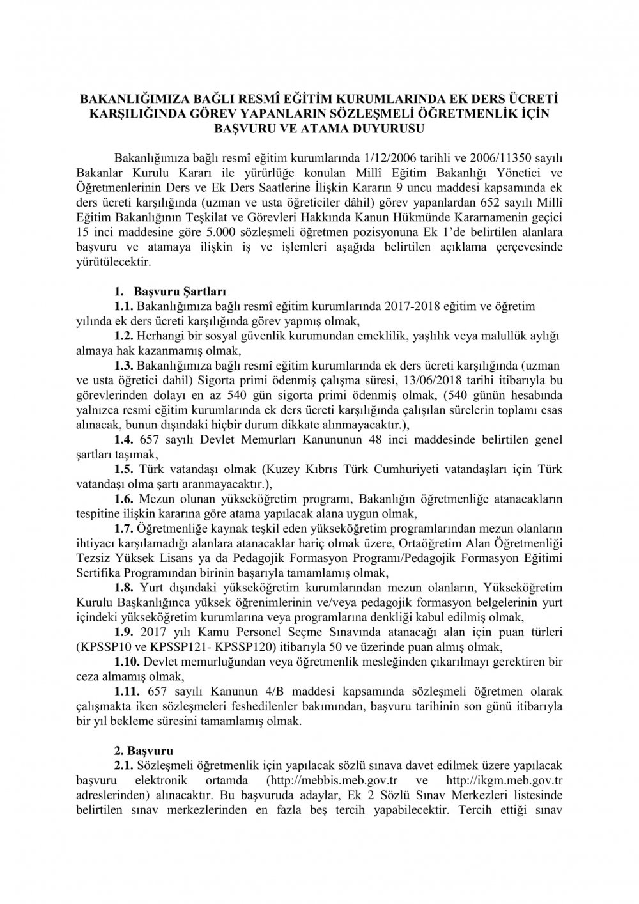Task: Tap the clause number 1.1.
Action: coord(123,307)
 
